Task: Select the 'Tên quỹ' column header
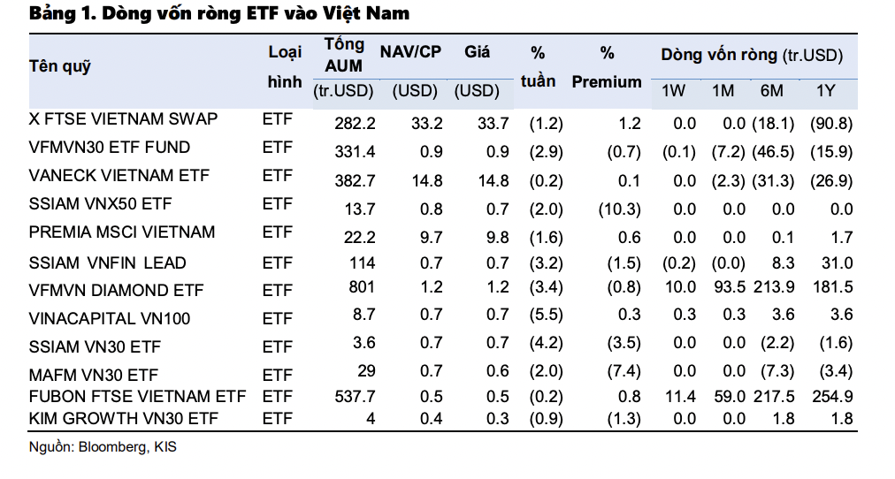pyautogui.click(x=60, y=66)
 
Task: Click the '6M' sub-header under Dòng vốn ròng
pyautogui.click(x=771, y=91)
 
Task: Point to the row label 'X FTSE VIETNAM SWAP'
pyautogui.click(x=123, y=119)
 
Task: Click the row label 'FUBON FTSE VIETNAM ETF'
pyautogui.click(x=137, y=396)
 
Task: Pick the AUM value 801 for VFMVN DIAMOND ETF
pyautogui.click(x=362, y=287)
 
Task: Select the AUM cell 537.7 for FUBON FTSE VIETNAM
pyautogui.click(x=356, y=397)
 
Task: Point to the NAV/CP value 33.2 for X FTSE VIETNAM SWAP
pyautogui.click(x=427, y=124)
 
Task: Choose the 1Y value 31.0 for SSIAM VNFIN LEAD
pyautogui.click(x=837, y=262)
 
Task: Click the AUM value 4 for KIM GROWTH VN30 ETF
pyautogui.click(x=371, y=418)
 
